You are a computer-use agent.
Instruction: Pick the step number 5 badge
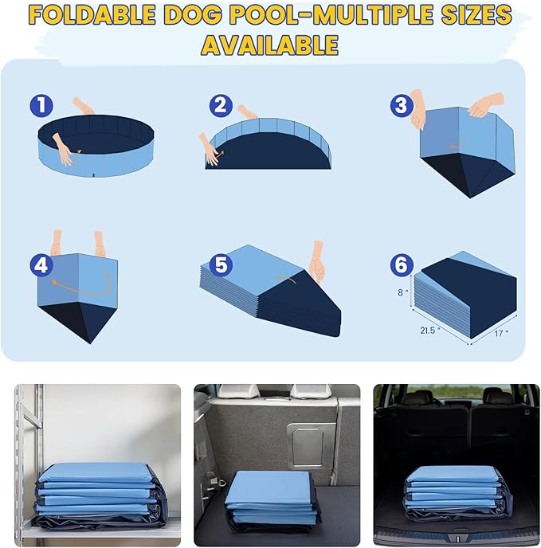[x=221, y=264]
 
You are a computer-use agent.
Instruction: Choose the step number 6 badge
[x=401, y=264]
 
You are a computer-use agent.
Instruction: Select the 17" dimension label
[x=500, y=335]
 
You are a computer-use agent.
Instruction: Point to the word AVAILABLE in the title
[x=270, y=45]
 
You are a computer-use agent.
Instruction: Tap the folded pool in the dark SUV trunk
[x=453, y=491]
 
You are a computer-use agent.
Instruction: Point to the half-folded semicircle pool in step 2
[x=267, y=147]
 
